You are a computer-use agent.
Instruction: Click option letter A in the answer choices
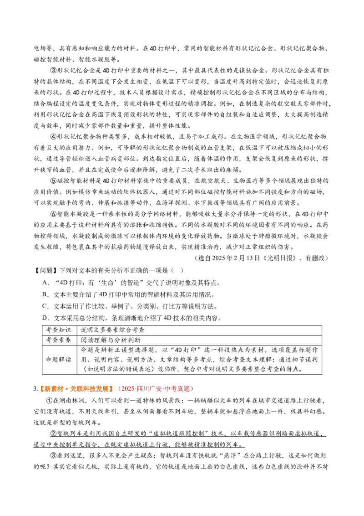(45, 283)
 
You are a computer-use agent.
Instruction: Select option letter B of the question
(45, 294)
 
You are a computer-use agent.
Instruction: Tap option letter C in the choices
(45, 306)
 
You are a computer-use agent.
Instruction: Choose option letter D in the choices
(45, 318)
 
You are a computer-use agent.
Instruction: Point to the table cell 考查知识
(59, 330)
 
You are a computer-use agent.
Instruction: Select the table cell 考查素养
(59, 340)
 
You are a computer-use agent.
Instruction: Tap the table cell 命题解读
(59, 359)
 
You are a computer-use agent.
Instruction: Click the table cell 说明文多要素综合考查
(112, 330)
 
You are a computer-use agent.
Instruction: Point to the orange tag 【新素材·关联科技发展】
(76, 389)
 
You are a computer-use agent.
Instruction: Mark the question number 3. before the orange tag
(35, 389)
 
